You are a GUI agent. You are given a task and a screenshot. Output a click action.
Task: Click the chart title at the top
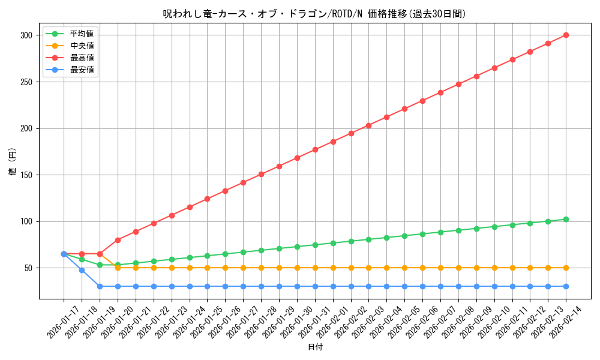click(x=314, y=14)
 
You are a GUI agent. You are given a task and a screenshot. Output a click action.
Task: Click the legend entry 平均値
click(x=82, y=34)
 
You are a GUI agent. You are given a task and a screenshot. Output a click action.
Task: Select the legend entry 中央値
click(x=82, y=46)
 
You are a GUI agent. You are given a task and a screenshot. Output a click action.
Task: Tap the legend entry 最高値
click(x=82, y=58)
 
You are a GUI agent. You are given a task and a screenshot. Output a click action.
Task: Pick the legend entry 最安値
click(x=82, y=70)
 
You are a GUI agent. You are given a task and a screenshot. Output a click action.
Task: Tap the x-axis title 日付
click(x=315, y=347)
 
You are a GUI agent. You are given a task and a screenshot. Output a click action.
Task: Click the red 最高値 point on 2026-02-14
click(x=566, y=35)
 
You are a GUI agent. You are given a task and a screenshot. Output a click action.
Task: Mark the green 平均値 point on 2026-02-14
click(x=566, y=219)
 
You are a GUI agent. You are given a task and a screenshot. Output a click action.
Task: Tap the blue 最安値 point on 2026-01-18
click(x=82, y=270)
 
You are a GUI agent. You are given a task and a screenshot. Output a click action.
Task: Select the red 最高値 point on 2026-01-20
click(x=118, y=240)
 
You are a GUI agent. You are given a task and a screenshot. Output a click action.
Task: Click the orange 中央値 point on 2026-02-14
click(x=566, y=268)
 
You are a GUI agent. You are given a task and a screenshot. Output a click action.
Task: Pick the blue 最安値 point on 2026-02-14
click(x=566, y=286)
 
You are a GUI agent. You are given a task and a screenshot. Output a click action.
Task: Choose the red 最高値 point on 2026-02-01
click(x=333, y=142)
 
